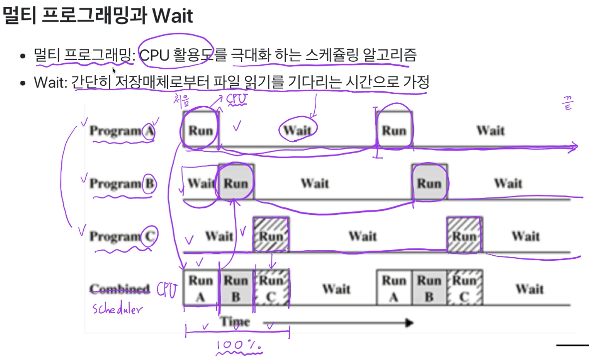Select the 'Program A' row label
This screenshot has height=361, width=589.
pyautogui.click(x=122, y=131)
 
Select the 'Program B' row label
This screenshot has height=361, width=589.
pyautogui.click(x=123, y=184)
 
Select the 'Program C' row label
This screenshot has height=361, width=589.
pyautogui.click(x=123, y=236)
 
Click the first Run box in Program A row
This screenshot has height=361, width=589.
pyautogui.click(x=200, y=130)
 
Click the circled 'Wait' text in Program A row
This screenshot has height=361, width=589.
pyautogui.click(x=297, y=130)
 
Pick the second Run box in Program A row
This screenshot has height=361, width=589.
pyautogui.click(x=394, y=130)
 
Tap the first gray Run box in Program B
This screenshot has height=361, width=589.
pyautogui.click(x=236, y=183)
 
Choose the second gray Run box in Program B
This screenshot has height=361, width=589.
pyautogui.click(x=429, y=183)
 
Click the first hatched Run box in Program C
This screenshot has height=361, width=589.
pyautogui.click(x=271, y=235)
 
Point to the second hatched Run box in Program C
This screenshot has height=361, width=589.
pyautogui.click(x=464, y=235)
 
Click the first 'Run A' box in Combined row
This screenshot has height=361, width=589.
pyautogui.click(x=201, y=288)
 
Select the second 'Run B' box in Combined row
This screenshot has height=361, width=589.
pyautogui.click(x=429, y=288)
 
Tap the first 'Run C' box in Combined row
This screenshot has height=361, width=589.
pyautogui.click(x=271, y=288)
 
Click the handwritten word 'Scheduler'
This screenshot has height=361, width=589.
pyautogui.click(x=118, y=309)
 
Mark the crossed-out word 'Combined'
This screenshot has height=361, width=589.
pyautogui.click(x=120, y=289)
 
